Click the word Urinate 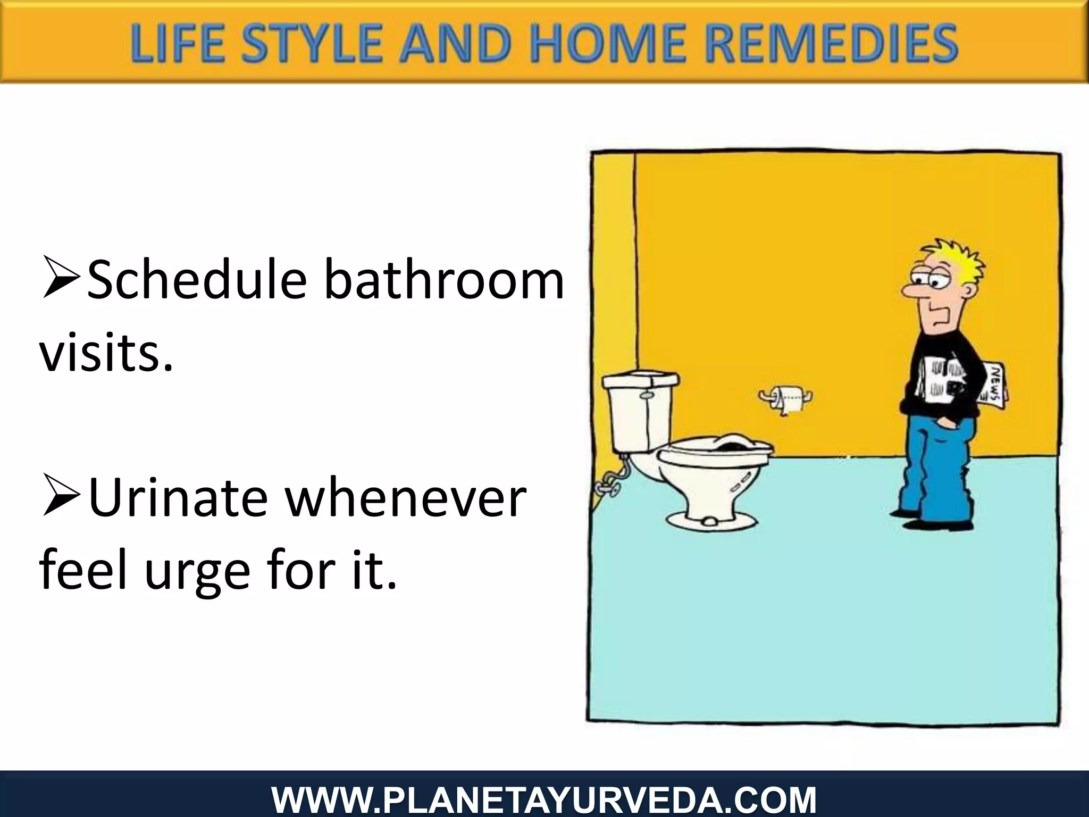[x=178, y=498]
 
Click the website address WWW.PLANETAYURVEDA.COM [x=544, y=801]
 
